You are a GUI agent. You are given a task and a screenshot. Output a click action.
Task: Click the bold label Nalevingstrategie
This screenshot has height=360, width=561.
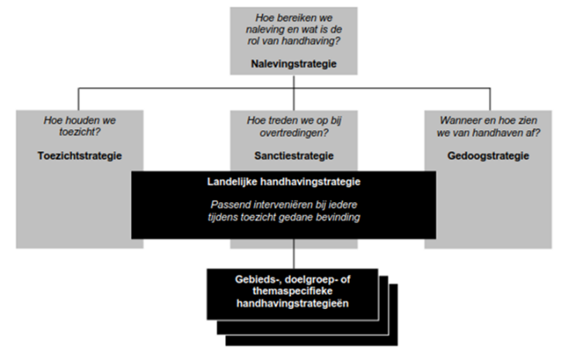(294, 64)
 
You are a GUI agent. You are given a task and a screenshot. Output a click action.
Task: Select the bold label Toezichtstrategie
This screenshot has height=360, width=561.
(80, 156)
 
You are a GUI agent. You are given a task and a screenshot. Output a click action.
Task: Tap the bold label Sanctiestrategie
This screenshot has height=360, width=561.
(294, 156)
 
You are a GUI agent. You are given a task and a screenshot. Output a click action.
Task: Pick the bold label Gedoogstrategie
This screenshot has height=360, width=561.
(488, 156)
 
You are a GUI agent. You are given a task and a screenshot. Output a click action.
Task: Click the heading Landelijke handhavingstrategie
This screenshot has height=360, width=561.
(284, 182)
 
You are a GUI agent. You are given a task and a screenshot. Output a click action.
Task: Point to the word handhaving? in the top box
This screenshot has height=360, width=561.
(311, 41)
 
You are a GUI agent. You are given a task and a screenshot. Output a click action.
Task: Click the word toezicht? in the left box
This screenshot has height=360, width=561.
(80, 132)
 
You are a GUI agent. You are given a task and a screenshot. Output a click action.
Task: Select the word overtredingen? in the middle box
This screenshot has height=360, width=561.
(294, 132)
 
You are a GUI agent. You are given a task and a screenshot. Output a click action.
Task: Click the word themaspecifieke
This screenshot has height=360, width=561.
(292, 291)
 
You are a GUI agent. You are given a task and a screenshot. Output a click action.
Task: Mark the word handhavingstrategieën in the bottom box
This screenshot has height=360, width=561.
(292, 303)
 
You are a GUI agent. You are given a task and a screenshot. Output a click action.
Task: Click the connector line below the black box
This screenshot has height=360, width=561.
(294, 254)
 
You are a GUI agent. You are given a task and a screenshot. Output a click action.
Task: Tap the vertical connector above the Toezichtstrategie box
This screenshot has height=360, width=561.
(79, 99)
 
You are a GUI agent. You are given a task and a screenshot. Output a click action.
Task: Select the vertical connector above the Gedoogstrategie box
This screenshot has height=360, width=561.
(490, 99)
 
